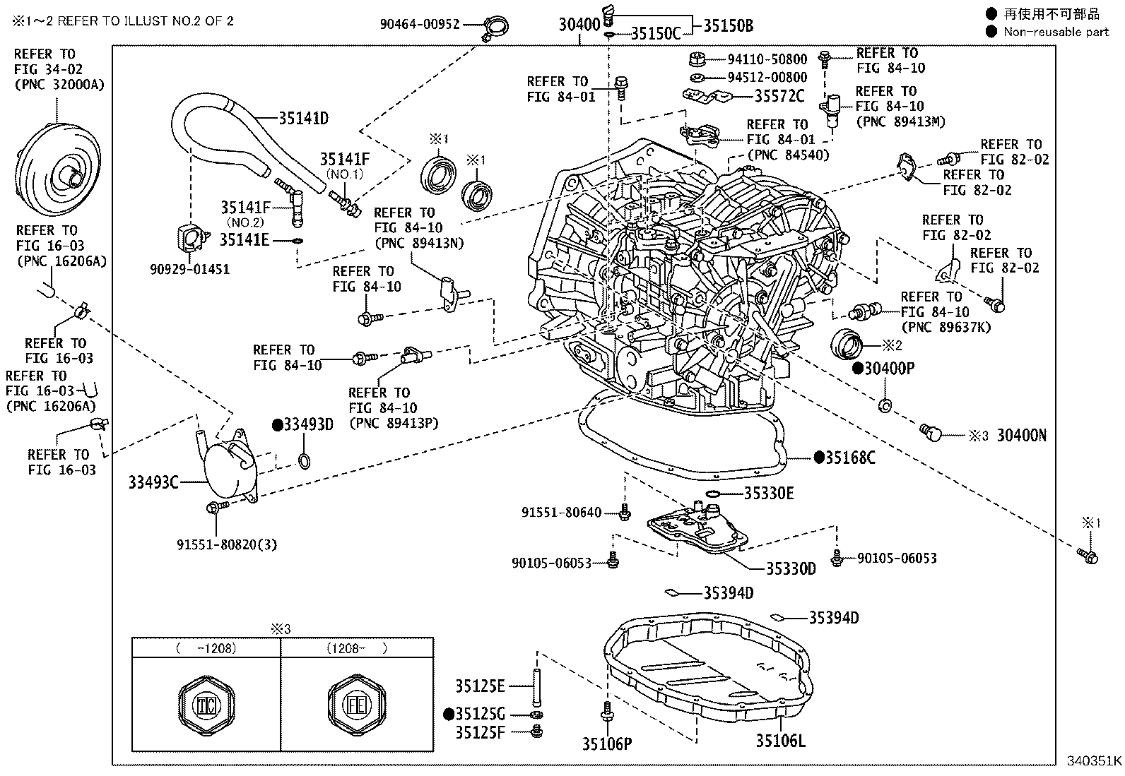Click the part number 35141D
coord(303,118)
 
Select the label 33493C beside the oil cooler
coord(153,482)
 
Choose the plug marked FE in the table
coord(357,704)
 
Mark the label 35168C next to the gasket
coord(851,458)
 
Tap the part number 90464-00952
coord(419,25)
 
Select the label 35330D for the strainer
coord(791,568)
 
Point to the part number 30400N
coord(1021,436)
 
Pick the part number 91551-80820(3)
coord(226,544)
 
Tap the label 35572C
coord(779,96)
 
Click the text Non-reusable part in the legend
coord(1056,31)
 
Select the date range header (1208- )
coord(356,648)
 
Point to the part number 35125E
coord(480,686)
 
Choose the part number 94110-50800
coord(767,59)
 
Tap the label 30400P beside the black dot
coord(889,369)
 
